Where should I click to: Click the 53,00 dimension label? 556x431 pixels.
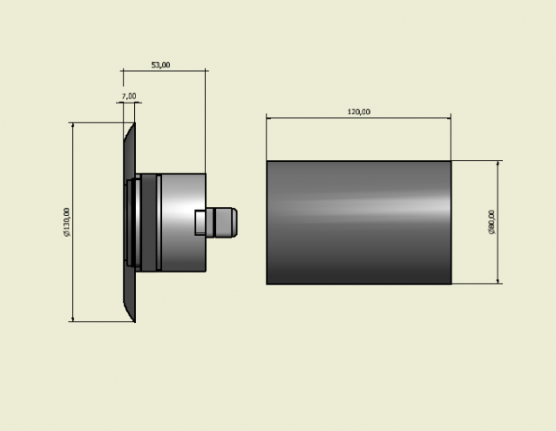click(x=161, y=65)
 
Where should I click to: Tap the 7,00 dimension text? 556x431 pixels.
click(x=129, y=96)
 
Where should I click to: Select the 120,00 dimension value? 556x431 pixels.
click(x=359, y=112)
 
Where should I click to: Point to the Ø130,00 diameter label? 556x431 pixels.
click(x=67, y=222)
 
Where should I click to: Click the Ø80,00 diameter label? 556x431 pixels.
click(x=491, y=222)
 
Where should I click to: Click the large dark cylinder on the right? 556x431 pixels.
click(x=359, y=222)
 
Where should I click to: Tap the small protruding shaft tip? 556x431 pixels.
click(x=225, y=222)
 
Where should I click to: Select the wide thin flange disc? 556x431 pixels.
click(x=130, y=222)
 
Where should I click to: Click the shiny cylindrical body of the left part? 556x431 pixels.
click(x=184, y=222)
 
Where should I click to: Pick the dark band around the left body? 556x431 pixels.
click(x=148, y=222)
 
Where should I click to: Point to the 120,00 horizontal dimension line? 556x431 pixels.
click(x=359, y=118)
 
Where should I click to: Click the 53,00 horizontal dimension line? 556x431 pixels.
click(x=164, y=70)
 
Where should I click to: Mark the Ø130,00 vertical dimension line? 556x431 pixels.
click(x=73, y=222)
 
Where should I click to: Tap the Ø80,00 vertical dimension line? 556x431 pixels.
click(x=498, y=222)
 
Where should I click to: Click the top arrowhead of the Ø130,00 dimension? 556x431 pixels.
click(x=73, y=126)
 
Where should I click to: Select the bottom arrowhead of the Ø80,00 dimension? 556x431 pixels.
click(x=498, y=281)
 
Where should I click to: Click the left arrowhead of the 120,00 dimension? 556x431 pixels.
click(x=270, y=118)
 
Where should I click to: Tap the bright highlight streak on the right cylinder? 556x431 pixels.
click(x=359, y=207)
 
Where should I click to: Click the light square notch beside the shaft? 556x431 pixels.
click(x=201, y=222)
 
